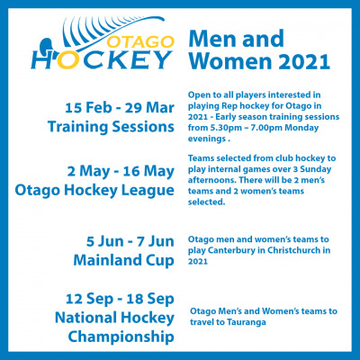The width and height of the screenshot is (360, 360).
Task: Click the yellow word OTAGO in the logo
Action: [x=140, y=42]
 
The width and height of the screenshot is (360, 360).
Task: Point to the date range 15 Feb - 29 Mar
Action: [x=120, y=108]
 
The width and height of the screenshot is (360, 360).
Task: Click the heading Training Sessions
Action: [x=111, y=127]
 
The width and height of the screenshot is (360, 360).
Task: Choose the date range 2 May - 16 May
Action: [x=121, y=171]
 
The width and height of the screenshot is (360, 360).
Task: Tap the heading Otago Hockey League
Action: [x=94, y=191]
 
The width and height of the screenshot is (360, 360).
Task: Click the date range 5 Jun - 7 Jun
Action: [x=130, y=241]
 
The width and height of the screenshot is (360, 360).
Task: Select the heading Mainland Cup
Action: [x=123, y=260]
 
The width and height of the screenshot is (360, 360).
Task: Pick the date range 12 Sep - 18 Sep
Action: [x=120, y=299]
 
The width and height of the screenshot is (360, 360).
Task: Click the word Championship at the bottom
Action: [x=121, y=337]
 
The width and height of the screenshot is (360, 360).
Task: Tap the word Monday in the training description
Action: [x=301, y=128]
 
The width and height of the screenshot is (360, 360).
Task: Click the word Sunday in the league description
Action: [x=316, y=169]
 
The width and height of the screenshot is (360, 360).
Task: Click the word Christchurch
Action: [x=290, y=250]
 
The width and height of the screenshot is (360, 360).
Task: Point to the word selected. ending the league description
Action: [x=206, y=202]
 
